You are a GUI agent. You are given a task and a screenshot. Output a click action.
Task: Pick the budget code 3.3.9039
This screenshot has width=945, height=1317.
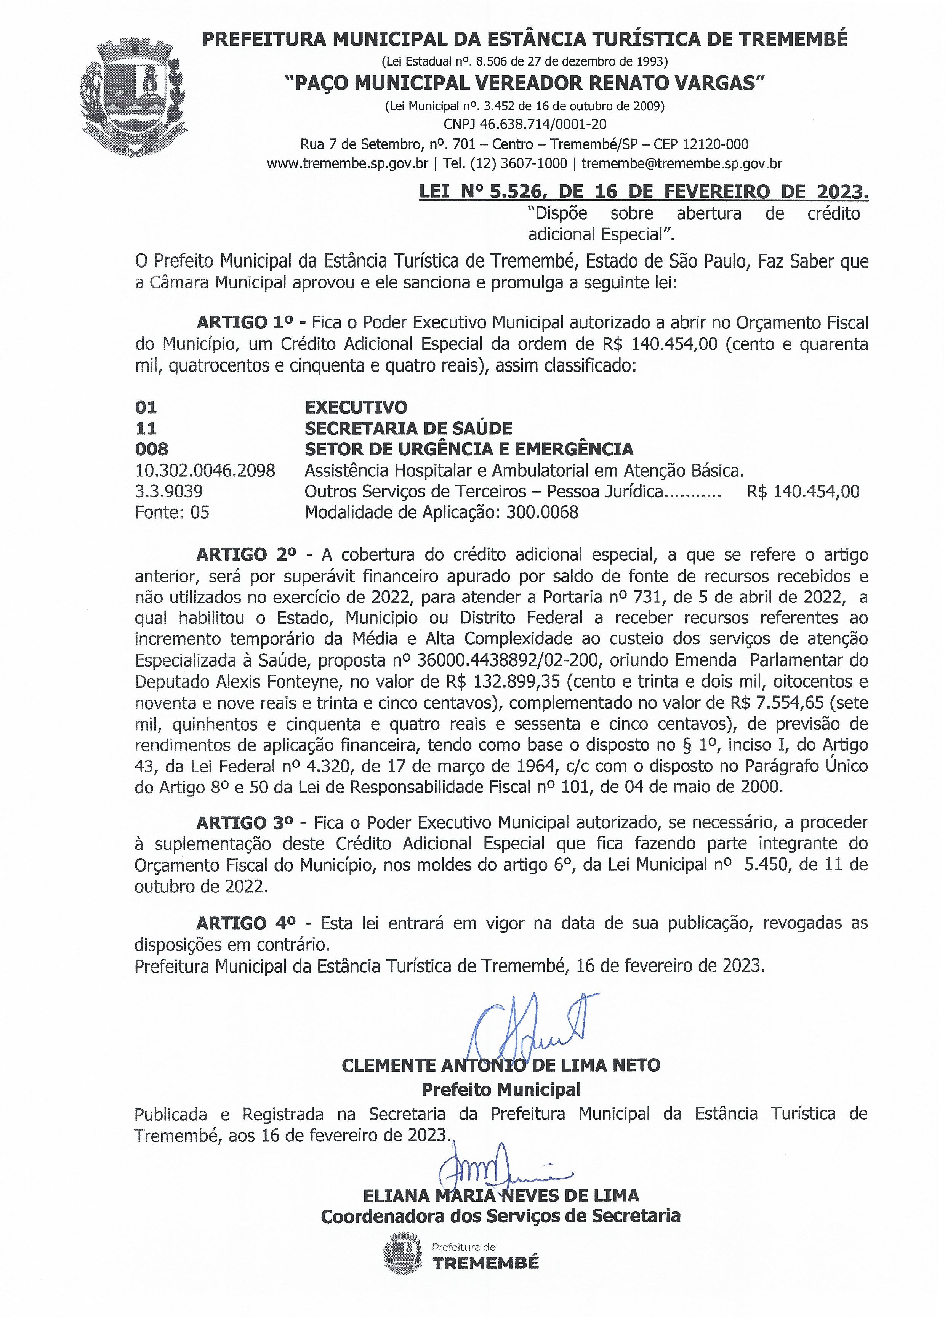168,491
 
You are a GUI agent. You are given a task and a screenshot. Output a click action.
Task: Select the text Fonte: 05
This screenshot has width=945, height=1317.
172,512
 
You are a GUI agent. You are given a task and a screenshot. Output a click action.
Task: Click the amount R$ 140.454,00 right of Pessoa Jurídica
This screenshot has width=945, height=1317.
803,491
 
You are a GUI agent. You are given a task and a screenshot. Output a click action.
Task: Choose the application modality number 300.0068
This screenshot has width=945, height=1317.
542,512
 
